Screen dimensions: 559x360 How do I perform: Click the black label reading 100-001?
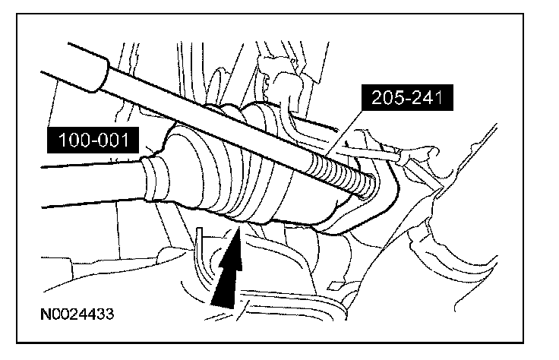pyautogui.click(x=90, y=140)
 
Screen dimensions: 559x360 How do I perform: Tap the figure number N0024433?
pyautogui.click(x=79, y=313)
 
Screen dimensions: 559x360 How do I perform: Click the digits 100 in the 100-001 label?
pyautogui.click(x=71, y=140)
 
